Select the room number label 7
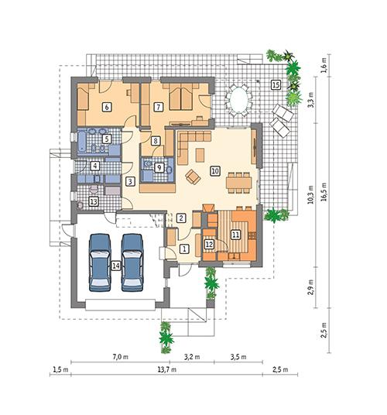tap(159, 108)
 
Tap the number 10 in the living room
tap(214, 170)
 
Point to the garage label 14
tap(115, 266)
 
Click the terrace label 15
tap(275, 84)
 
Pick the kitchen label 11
tap(235, 234)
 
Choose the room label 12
tap(209, 244)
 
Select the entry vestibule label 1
tap(184, 249)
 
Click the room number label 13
tap(94, 201)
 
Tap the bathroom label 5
tap(108, 139)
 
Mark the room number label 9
tap(159, 166)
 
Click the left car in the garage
tap(101, 261)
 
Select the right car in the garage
tap(132, 261)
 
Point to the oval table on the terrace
tap(238, 100)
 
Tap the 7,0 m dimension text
tap(119, 357)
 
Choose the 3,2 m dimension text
tap(191, 357)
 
